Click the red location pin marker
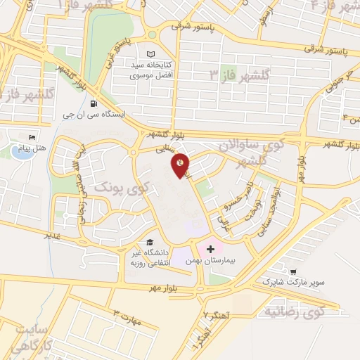click(181, 165)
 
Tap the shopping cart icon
click(292, 272)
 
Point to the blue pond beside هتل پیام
click(21, 152)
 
